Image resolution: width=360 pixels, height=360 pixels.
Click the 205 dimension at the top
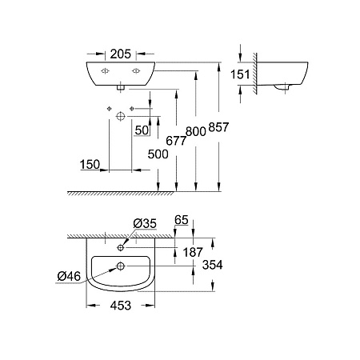120,56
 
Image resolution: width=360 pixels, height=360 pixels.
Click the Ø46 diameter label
69,277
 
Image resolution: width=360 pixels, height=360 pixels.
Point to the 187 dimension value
193,252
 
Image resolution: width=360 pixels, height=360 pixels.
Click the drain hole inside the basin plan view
121,266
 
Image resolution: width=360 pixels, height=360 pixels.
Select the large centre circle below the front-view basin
120,117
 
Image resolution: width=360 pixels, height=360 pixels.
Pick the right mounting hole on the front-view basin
135,71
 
